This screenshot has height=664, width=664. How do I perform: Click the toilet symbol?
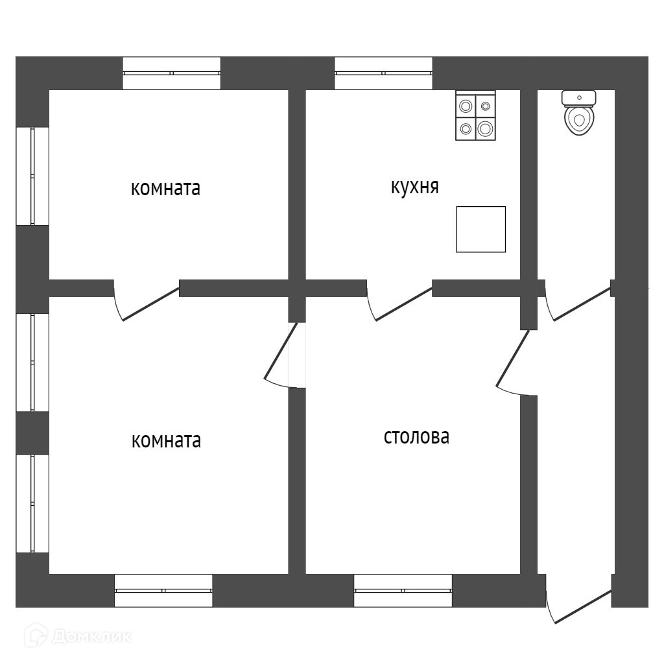(x=579, y=115)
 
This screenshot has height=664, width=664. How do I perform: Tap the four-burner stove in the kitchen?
(x=475, y=116)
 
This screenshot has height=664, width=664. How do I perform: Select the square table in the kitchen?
(x=480, y=229)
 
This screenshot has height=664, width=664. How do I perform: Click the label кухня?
(x=415, y=187)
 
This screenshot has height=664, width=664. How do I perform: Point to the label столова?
(x=416, y=437)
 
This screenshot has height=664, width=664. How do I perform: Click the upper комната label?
(x=165, y=189)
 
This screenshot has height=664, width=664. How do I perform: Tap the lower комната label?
(x=166, y=441)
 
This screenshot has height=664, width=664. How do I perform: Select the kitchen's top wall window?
(x=383, y=73)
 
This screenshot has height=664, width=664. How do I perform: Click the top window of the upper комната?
(x=172, y=73)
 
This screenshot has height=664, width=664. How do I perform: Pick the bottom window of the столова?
(x=403, y=591)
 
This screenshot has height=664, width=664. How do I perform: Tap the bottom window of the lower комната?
(x=163, y=591)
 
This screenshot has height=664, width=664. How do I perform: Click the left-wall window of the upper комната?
(x=32, y=176)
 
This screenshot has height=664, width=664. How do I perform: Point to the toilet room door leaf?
(x=582, y=303)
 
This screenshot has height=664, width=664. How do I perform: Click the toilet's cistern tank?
(x=579, y=98)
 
